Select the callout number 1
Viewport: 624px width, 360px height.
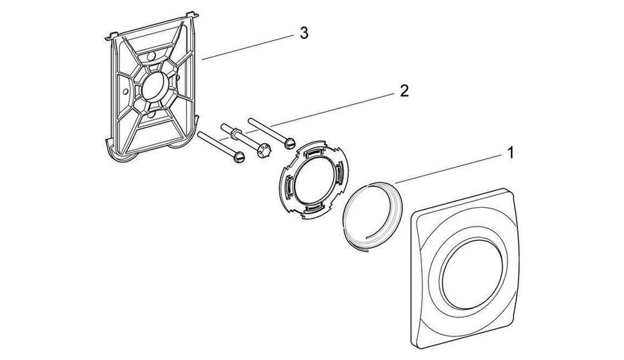point(510,152)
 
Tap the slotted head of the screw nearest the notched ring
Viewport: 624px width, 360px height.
point(288,144)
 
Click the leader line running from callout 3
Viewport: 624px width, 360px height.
point(250,47)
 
